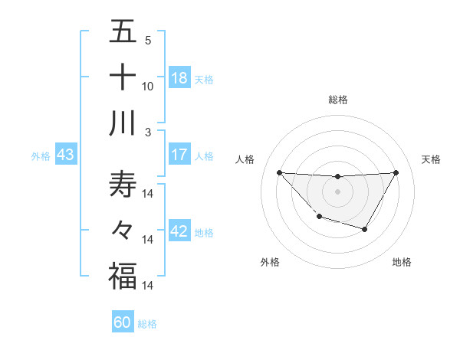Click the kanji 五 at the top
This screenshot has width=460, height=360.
123,31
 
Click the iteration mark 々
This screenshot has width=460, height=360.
123,231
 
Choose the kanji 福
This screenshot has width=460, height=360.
123,276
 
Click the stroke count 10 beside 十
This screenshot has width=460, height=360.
148,87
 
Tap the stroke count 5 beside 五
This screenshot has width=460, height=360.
148,41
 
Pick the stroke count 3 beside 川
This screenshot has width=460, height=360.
148,132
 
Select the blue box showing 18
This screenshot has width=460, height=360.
179,78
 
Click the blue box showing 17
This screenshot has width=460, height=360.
179,155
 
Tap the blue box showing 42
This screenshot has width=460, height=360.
179,231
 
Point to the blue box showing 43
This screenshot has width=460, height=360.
65,155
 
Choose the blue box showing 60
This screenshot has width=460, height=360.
123,322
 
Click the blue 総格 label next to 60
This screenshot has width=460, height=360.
147,324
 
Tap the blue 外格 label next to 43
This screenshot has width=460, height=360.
41,156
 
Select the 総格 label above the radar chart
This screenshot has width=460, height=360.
337,100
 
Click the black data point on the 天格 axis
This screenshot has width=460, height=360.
396,172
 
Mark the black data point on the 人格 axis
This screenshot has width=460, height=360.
279,172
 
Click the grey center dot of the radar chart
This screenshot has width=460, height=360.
337,191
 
